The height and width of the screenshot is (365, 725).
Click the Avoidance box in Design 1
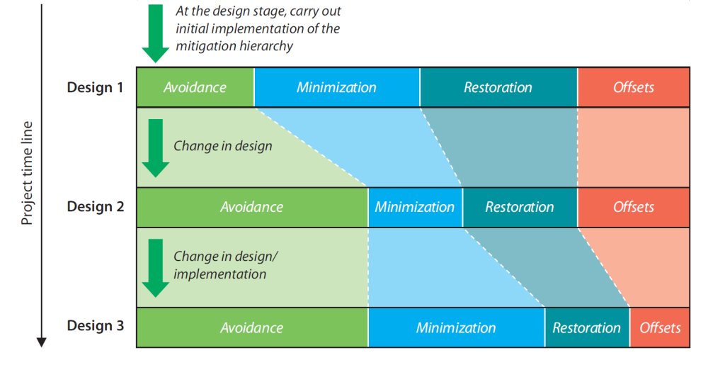(195, 87)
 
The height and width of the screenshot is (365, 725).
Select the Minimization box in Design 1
(336, 87)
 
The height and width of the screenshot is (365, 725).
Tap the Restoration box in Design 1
(498, 87)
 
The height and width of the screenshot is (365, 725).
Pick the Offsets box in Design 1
(634, 87)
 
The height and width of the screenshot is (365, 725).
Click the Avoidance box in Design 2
(251, 207)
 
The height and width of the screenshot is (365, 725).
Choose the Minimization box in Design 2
(415, 207)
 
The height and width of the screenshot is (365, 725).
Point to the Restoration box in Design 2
(520, 207)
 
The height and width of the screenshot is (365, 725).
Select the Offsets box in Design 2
(634, 207)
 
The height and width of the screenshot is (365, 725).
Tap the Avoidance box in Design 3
(251, 327)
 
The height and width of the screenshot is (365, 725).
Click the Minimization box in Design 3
(456, 327)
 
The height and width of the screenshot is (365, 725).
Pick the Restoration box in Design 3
(586, 327)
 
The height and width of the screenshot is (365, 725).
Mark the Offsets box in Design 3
(660, 327)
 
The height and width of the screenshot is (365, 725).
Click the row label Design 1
(96, 87)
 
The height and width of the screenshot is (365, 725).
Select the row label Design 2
(96, 207)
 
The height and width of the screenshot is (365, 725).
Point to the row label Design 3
(96, 326)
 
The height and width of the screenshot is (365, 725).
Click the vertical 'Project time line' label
(27, 173)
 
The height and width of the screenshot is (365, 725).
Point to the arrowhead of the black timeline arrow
(42, 342)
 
